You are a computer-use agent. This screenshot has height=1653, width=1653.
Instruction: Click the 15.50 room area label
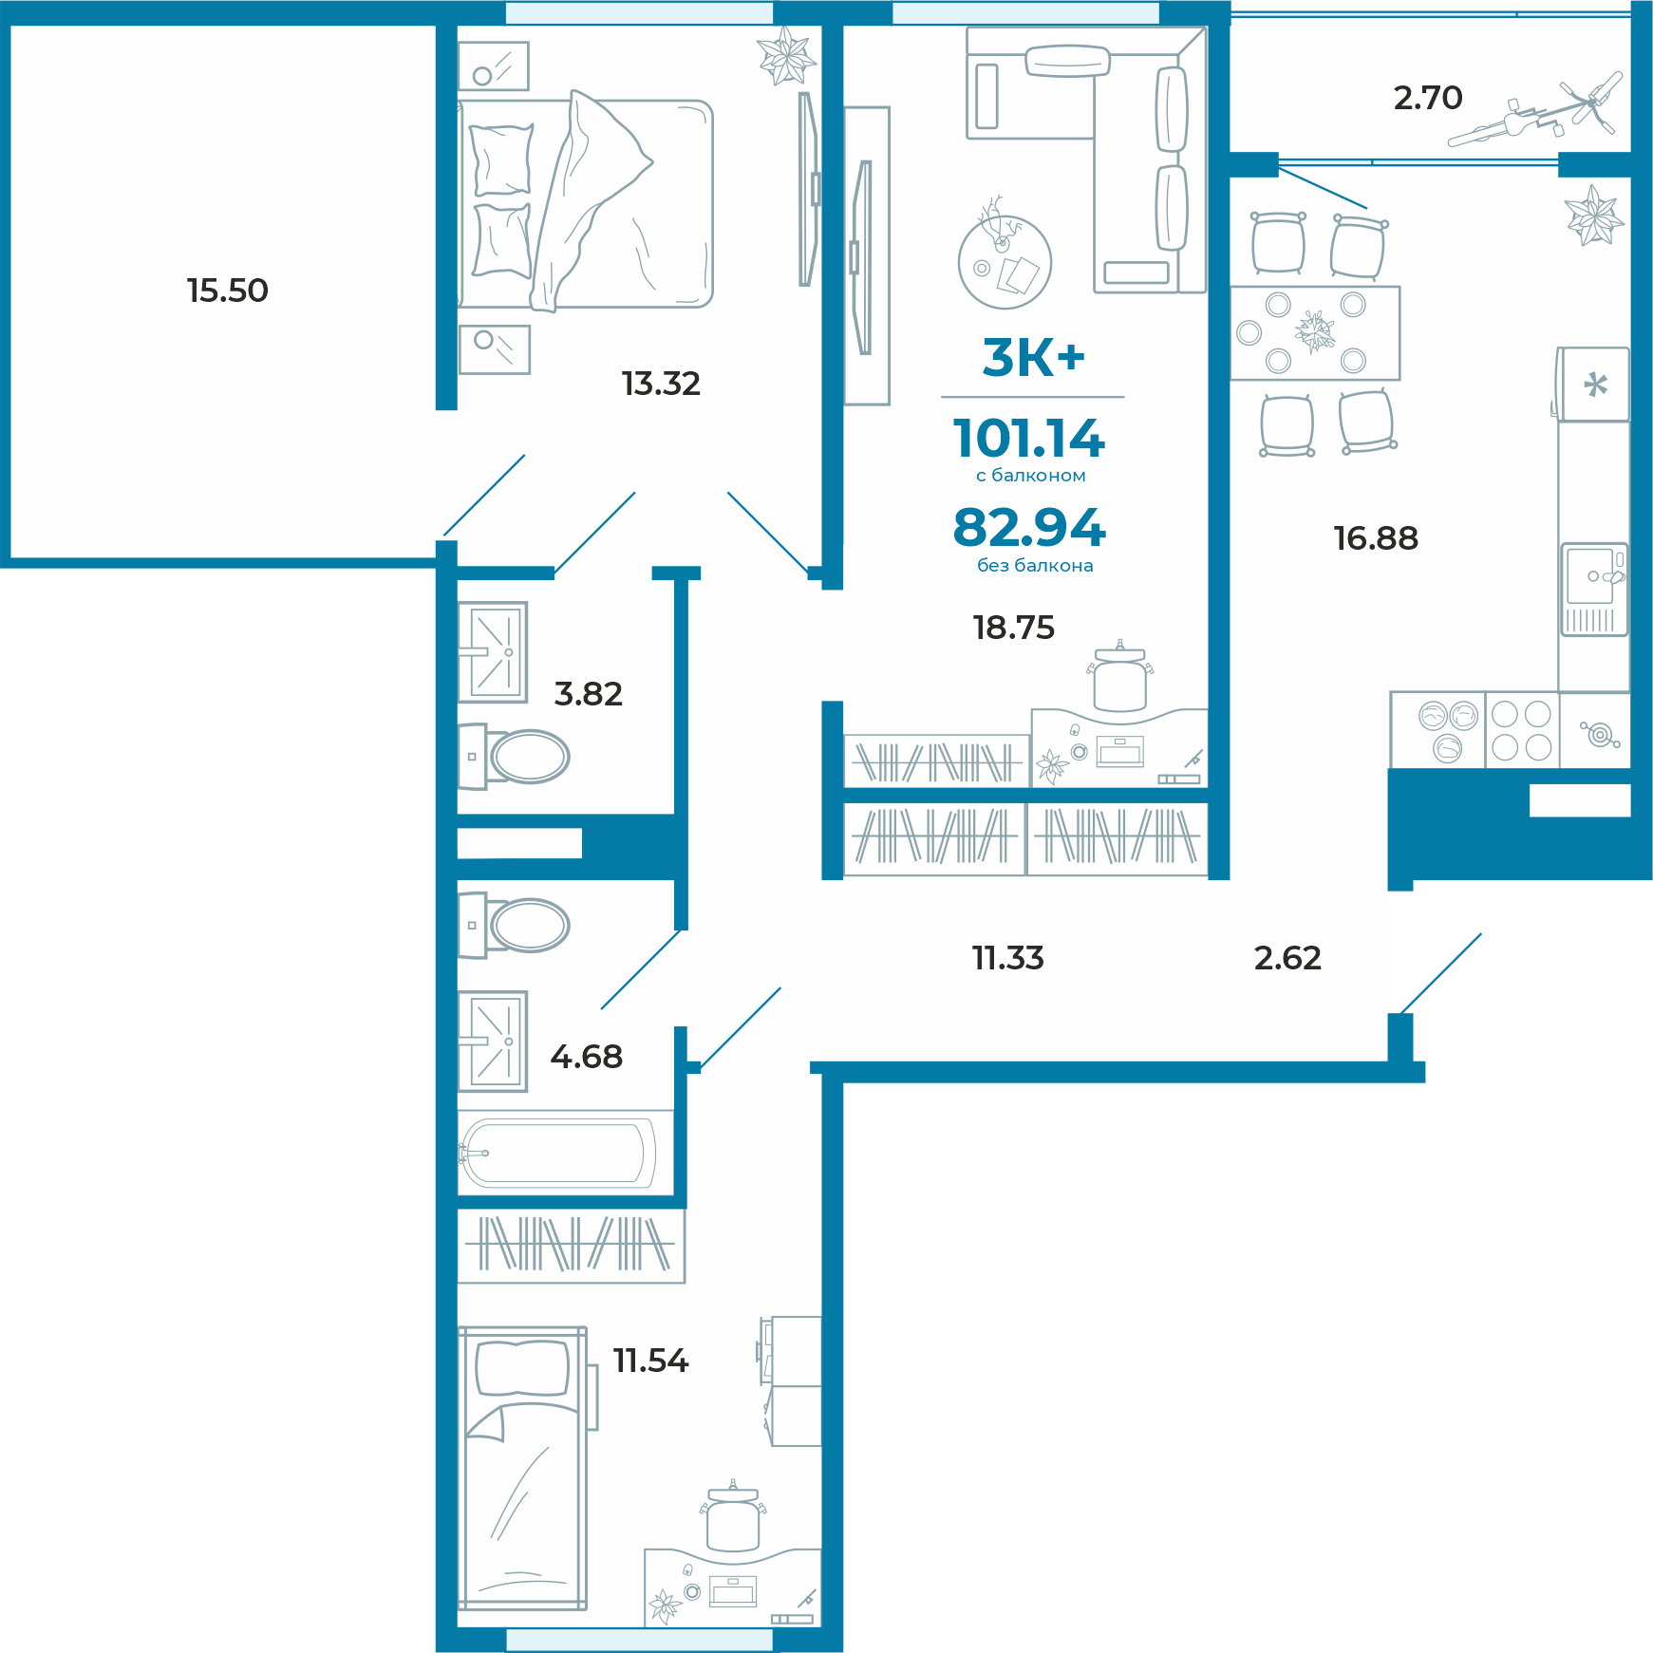[x=228, y=291]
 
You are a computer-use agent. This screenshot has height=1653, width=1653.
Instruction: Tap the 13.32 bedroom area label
[x=661, y=384]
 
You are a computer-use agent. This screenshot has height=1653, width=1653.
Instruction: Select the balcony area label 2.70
[x=1428, y=98]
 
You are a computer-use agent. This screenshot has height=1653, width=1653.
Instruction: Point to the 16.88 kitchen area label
[x=1376, y=538]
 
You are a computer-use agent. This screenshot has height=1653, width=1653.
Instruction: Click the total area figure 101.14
[x=1029, y=439]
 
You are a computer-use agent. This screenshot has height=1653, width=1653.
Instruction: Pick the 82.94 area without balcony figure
[x=1029, y=528]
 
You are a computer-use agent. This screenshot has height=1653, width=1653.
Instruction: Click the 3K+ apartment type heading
[x=1033, y=358]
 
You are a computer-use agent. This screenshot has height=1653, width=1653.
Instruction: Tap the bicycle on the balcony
[x=1534, y=110]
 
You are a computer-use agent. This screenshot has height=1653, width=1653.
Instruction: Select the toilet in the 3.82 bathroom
[x=514, y=757]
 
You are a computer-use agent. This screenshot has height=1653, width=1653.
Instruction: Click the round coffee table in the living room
[x=1005, y=262]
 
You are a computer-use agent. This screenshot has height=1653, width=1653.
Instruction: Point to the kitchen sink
[x=1594, y=589]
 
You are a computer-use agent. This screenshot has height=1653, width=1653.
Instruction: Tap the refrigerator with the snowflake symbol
[x=1593, y=385]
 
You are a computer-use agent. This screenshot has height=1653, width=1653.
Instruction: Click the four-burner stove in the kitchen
[x=1521, y=729]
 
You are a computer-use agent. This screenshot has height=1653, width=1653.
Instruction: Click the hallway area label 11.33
[x=1008, y=958]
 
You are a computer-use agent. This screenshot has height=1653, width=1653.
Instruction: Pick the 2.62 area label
[x=1287, y=958]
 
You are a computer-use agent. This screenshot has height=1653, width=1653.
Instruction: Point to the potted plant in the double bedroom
[x=786, y=56]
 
